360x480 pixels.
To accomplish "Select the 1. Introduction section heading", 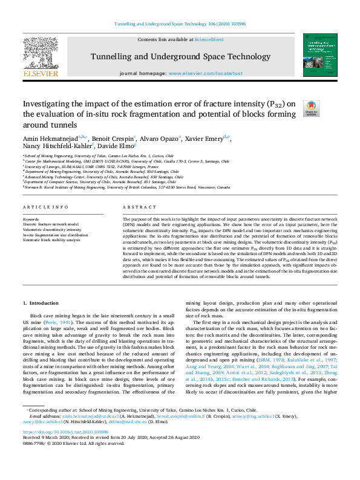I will [x=41, y=302].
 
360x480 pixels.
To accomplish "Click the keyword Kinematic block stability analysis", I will [x=51, y=240].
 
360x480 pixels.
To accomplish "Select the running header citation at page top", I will [x=180, y=24].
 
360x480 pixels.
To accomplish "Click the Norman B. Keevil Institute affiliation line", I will [x=126, y=187].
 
